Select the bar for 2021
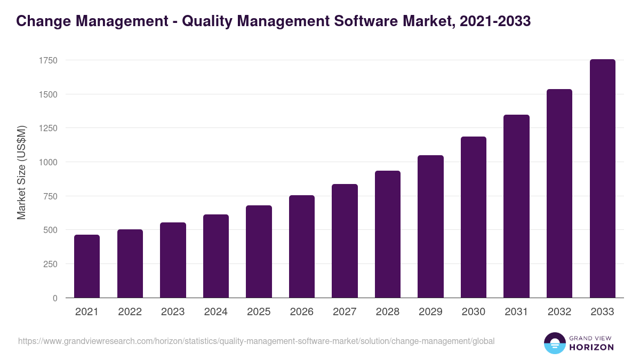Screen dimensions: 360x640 click(87, 267)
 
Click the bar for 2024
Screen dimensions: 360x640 click(216, 257)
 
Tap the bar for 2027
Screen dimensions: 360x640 click(345, 241)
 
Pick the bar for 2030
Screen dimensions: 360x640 click(474, 218)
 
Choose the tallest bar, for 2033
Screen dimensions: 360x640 click(602, 179)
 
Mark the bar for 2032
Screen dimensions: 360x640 click(559, 194)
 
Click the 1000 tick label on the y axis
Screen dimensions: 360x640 click(48, 162)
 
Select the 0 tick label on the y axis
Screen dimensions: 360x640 click(55, 298)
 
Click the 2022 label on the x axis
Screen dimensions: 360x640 click(130, 312)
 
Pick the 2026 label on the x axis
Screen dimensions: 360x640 click(302, 312)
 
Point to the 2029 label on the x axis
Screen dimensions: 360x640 click(430, 312)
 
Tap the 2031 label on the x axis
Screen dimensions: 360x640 click(516, 312)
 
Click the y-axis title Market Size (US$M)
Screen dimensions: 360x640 click(21, 172)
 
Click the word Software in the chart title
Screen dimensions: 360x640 click(361, 21)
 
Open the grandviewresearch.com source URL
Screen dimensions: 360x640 click(257, 341)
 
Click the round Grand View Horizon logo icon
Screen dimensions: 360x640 click(555, 343)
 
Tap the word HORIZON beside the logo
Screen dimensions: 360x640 click(591, 347)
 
